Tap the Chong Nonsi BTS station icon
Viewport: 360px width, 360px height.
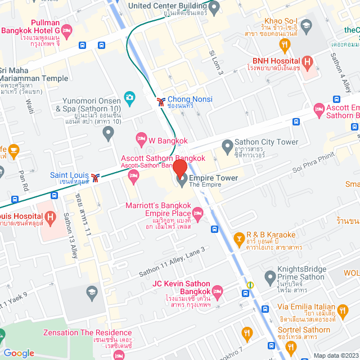pos(161,101)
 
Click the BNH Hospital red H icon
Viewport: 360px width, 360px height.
pos(307,62)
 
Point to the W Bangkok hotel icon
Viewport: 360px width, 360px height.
pos(141,138)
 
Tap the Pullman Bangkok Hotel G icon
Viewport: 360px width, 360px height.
pos(67,30)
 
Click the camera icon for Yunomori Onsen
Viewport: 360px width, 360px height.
pos(130,98)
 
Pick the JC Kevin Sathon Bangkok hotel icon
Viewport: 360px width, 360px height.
pos(218,290)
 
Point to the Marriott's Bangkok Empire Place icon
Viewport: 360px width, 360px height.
pos(197,213)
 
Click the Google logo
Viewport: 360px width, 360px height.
pos(19,353)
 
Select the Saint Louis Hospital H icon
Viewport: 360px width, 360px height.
pos(51,217)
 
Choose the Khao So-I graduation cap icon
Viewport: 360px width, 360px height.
pos(306,25)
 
